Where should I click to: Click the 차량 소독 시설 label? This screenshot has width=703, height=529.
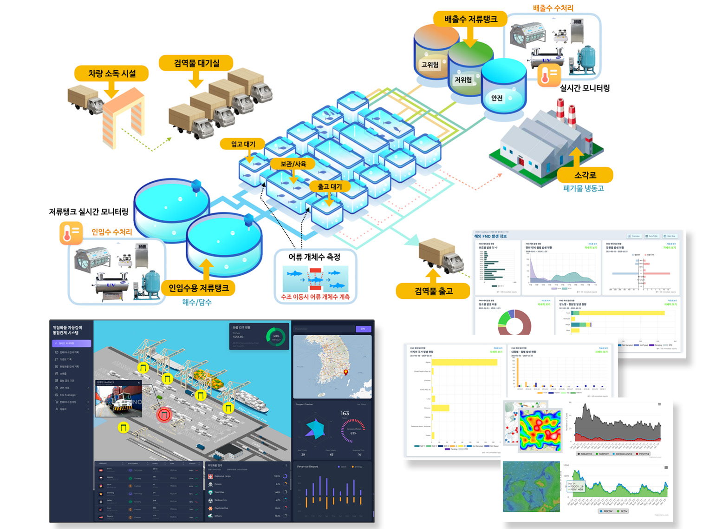click(112, 73)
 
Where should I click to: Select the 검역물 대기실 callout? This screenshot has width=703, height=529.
click(196, 63)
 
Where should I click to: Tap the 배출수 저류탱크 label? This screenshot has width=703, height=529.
click(470, 19)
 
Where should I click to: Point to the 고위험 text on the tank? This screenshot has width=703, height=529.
click(430, 65)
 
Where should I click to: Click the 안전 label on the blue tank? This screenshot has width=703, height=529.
click(497, 98)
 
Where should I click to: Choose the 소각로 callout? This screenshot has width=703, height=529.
click(585, 175)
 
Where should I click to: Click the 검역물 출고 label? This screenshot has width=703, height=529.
click(433, 291)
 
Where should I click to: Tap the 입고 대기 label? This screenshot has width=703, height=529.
click(243, 144)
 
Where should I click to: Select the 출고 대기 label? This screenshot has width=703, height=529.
click(330, 186)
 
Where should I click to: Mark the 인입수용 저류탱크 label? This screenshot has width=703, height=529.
click(198, 288)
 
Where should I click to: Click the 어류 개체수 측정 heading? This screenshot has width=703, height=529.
click(314, 257)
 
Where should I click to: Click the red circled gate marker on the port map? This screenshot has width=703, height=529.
click(164, 414)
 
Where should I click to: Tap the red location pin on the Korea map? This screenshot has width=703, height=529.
click(346, 372)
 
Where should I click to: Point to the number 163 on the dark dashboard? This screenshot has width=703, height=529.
click(345, 413)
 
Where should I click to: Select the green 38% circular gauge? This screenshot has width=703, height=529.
click(276, 337)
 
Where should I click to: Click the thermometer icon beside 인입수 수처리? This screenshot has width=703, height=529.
click(71, 233)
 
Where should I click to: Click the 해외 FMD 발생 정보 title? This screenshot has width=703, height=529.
click(490, 236)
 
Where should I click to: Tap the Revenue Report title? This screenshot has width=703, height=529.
click(307, 466)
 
